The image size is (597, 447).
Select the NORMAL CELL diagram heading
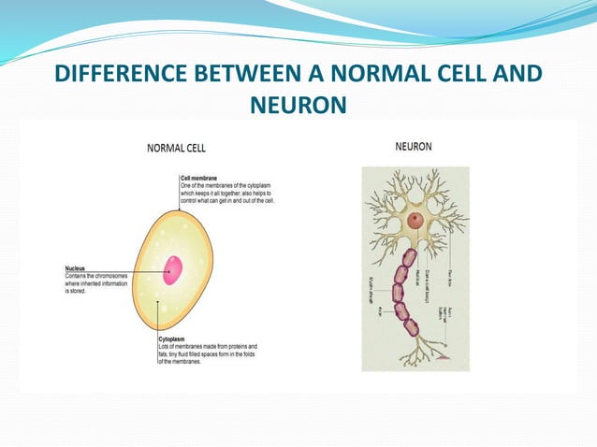click(x=176, y=148)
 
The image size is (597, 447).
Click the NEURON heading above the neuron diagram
click(x=414, y=147)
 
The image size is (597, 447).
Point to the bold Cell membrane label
click(x=205, y=177)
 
